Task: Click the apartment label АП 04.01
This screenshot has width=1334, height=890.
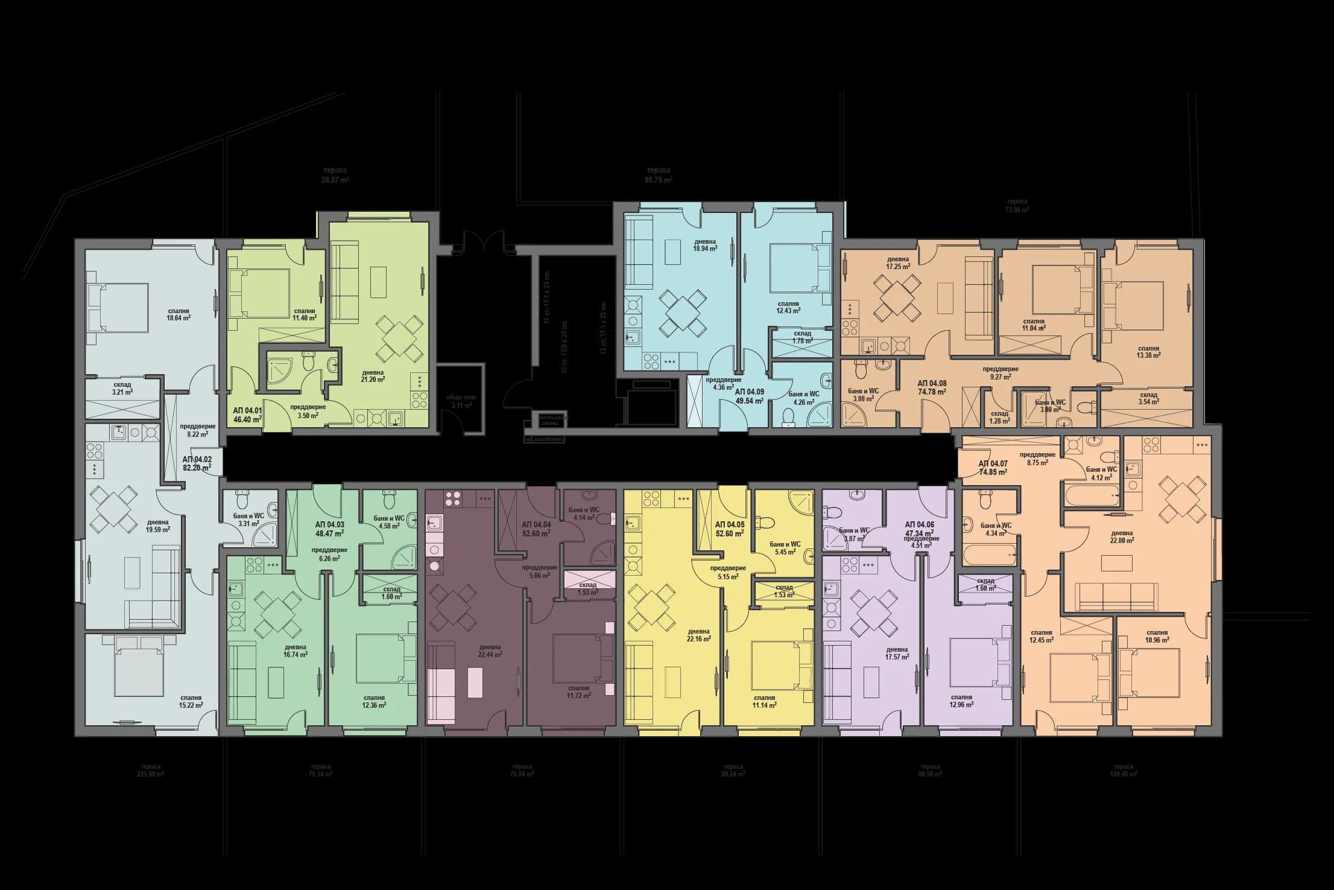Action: [x=247, y=414]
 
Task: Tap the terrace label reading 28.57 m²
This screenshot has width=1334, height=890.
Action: [x=335, y=176]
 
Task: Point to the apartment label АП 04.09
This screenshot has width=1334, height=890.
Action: [x=749, y=396]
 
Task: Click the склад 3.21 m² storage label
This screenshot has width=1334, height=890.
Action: [x=122, y=388]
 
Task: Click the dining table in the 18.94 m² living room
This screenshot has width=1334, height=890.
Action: [x=683, y=312]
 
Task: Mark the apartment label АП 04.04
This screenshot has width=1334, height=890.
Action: [x=536, y=529]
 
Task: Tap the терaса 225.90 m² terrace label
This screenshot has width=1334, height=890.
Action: [x=151, y=770]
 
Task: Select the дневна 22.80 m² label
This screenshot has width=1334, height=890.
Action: [x=1122, y=536]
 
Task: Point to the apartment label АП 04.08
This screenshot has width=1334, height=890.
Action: [x=932, y=387]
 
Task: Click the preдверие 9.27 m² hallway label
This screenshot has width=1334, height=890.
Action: [x=1000, y=372]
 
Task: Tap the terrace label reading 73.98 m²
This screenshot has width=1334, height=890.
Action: [x=1017, y=206]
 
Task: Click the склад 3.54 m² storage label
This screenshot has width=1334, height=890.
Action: [x=1148, y=398]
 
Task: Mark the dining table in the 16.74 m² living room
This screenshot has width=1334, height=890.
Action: [x=278, y=614]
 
